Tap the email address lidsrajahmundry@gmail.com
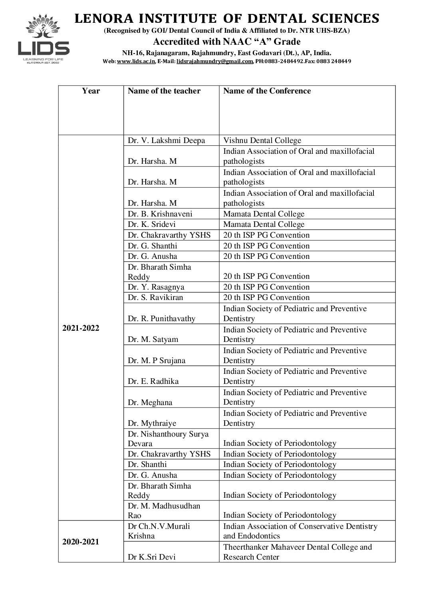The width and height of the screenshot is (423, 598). (215, 61)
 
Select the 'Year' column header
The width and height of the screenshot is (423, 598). (91, 91)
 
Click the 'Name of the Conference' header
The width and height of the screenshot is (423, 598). (266, 91)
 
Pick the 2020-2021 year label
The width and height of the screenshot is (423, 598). (81, 542)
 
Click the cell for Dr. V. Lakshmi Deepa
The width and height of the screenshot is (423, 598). (166, 141)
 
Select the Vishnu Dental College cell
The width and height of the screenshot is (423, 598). (262, 141)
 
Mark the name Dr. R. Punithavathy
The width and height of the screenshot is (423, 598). (161, 319)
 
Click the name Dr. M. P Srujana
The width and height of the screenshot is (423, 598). (157, 361)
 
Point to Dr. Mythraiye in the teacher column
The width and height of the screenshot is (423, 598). (152, 423)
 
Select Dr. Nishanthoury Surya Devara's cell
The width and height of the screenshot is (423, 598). (168, 439)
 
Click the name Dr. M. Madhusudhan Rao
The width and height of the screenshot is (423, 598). (164, 511)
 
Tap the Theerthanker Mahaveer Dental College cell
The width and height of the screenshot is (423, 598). (297, 552)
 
